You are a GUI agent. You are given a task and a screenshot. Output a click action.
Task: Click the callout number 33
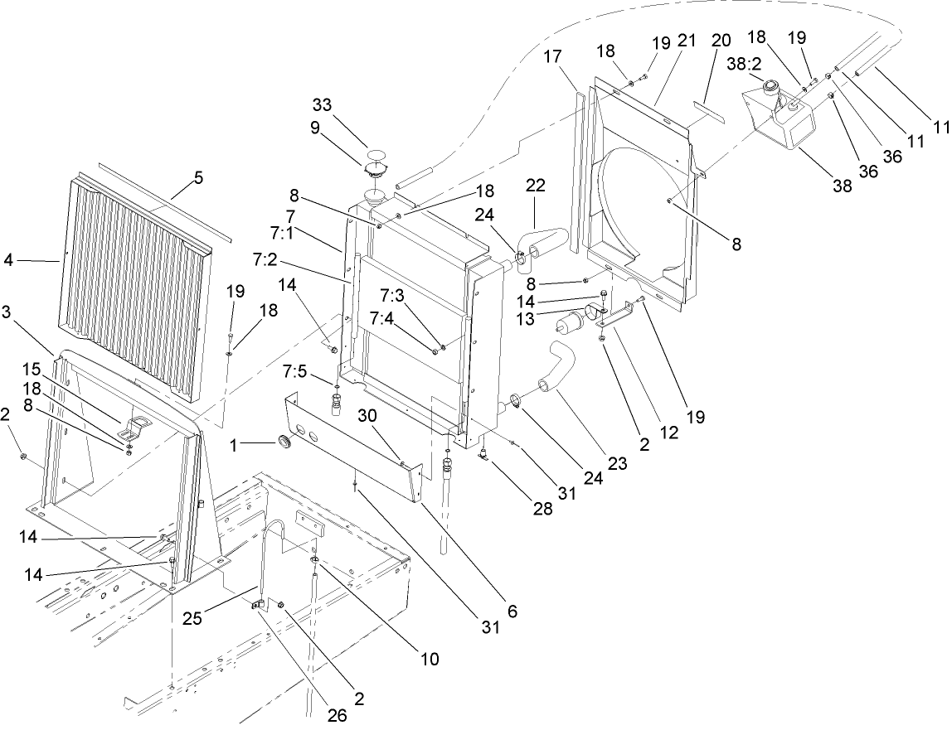[322, 105]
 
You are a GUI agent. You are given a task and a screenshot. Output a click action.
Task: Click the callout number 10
[429, 660]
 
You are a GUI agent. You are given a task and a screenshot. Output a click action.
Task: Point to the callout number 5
[198, 176]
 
